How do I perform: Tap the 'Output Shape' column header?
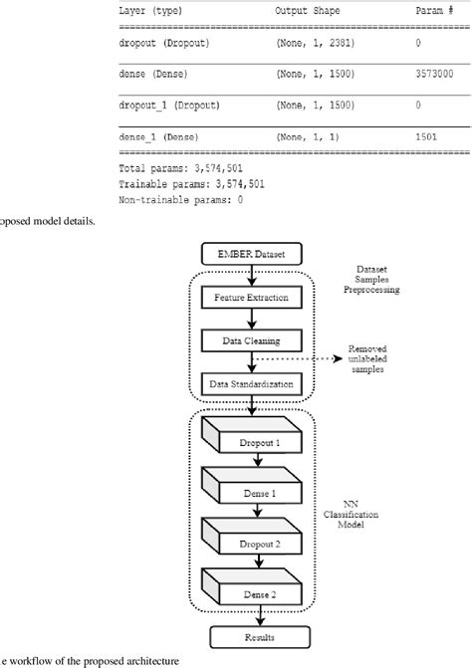coord(309,10)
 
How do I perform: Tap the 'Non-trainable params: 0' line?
coord(180,199)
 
